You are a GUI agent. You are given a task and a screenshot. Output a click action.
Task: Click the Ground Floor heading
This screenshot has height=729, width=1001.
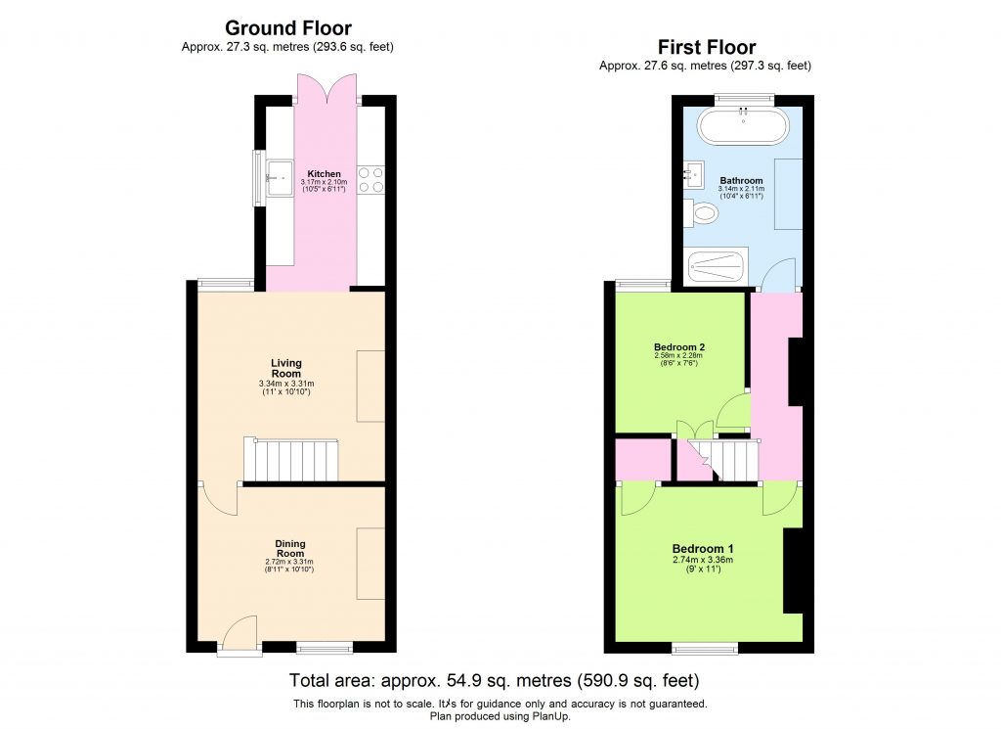tap(288, 28)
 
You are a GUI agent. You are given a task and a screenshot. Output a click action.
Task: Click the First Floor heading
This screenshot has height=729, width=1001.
tap(706, 47)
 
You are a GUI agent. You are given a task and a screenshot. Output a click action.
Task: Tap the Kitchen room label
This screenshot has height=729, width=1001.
tap(325, 174)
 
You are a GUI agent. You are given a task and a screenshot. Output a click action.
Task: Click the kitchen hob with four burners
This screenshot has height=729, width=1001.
tap(371, 179)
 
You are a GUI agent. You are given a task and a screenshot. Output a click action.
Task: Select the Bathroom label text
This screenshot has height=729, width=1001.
tap(741, 181)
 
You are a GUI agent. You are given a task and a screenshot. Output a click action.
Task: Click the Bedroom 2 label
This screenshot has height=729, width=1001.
tap(679, 347)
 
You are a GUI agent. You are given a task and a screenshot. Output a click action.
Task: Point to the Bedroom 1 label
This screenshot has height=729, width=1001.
tap(702, 549)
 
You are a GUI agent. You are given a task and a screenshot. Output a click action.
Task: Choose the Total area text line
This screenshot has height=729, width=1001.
tap(494, 680)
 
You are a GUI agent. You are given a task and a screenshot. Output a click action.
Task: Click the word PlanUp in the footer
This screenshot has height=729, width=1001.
tap(551, 715)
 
